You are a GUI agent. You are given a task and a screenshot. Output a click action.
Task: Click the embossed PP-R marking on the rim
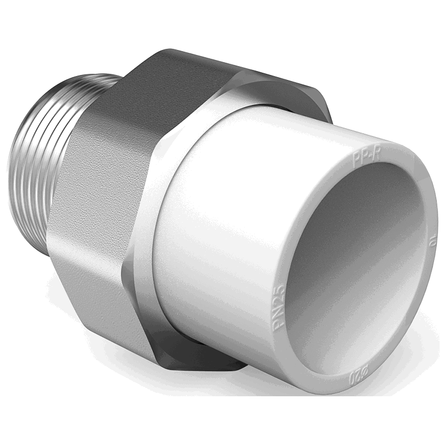[366, 157]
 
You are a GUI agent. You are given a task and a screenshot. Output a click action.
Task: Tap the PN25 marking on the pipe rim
[279, 302]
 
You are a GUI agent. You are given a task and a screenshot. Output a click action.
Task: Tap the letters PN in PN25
[280, 312]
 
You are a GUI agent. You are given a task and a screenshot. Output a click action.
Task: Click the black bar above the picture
[222, 22]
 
